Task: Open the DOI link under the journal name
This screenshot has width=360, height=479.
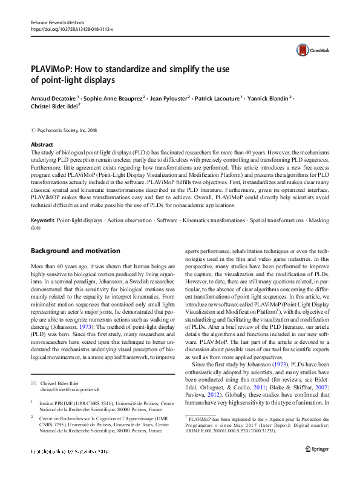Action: click(71, 28)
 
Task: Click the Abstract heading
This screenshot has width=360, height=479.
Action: click(42, 145)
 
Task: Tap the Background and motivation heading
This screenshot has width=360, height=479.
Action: click(76, 251)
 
